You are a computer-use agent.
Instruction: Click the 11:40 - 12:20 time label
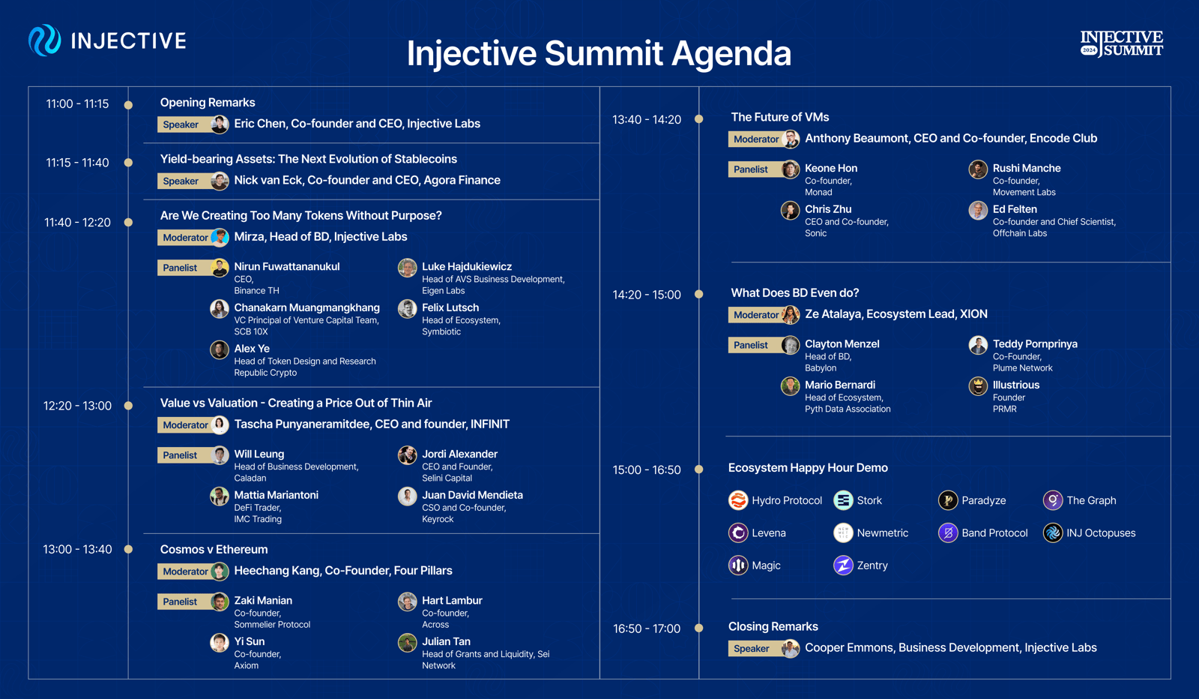(77, 222)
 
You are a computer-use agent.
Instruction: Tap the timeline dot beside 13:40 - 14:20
(698, 119)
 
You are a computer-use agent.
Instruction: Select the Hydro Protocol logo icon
(738, 500)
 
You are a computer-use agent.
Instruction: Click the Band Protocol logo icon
(948, 533)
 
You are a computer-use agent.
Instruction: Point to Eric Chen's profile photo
(219, 124)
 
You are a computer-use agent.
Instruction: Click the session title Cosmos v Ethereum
(214, 549)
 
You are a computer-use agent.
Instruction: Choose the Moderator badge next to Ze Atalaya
(756, 315)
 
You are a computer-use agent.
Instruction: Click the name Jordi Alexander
(459, 454)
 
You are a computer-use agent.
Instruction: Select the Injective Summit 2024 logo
(1121, 43)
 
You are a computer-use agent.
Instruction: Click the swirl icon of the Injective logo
(44, 40)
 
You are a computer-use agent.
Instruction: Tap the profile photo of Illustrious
(978, 386)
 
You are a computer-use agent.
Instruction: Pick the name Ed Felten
(1015, 209)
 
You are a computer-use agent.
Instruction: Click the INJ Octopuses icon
(1053, 533)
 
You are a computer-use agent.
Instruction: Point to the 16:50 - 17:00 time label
(646, 628)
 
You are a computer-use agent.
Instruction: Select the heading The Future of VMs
(780, 117)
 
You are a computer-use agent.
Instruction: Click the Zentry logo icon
(843, 565)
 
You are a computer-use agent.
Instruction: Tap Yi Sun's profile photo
(219, 643)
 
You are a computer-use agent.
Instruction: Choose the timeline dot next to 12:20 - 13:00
(128, 406)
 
